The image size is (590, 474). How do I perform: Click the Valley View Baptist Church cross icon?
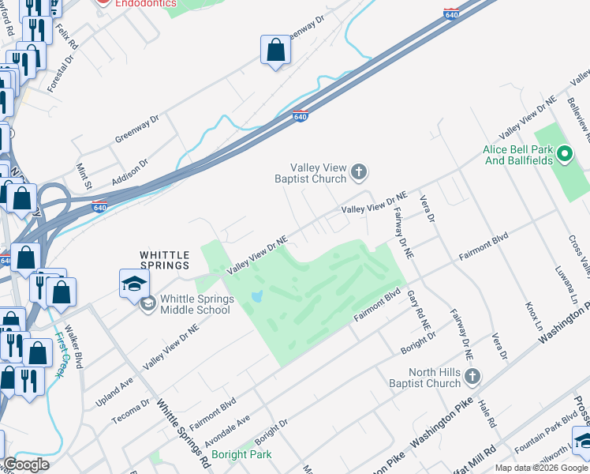pyautogui.click(x=359, y=171)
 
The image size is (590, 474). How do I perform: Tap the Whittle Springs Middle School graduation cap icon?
pyautogui.click(x=133, y=282)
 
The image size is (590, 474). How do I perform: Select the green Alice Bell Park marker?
pyautogui.click(x=565, y=154)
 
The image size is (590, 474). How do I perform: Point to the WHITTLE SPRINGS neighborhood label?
pyautogui.click(x=164, y=261)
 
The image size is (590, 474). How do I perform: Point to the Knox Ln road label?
pyautogui.click(x=533, y=316)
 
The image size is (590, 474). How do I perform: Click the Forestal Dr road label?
pyautogui.click(x=60, y=73)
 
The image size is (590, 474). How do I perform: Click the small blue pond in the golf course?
pyautogui.click(x=256, y=298)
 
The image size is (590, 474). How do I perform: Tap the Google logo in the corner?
pyautogui.click(x=26, y=465)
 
